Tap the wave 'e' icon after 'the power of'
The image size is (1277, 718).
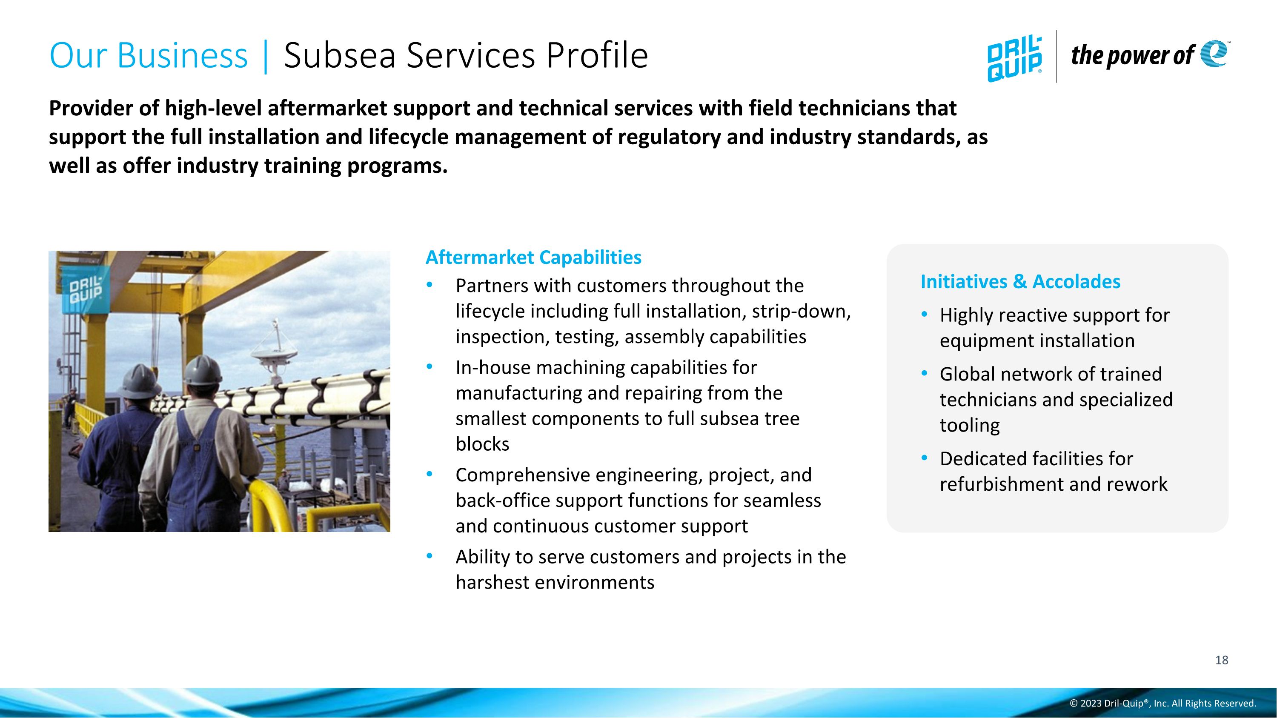[x=1214, y=54]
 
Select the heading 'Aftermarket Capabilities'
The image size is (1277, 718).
[x=533, y=257]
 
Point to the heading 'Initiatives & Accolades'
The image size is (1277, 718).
[x=1020, y=281]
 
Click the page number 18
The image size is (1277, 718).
[x=1222, y=660]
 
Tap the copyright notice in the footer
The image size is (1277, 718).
[x=1162, y=703]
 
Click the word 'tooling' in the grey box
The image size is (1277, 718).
[x=970, y=425]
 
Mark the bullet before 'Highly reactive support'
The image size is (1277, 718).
[x=924, y=314]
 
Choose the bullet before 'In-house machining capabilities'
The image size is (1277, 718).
[x=429, y=367]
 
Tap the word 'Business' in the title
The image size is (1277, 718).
[x=182, y=55]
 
